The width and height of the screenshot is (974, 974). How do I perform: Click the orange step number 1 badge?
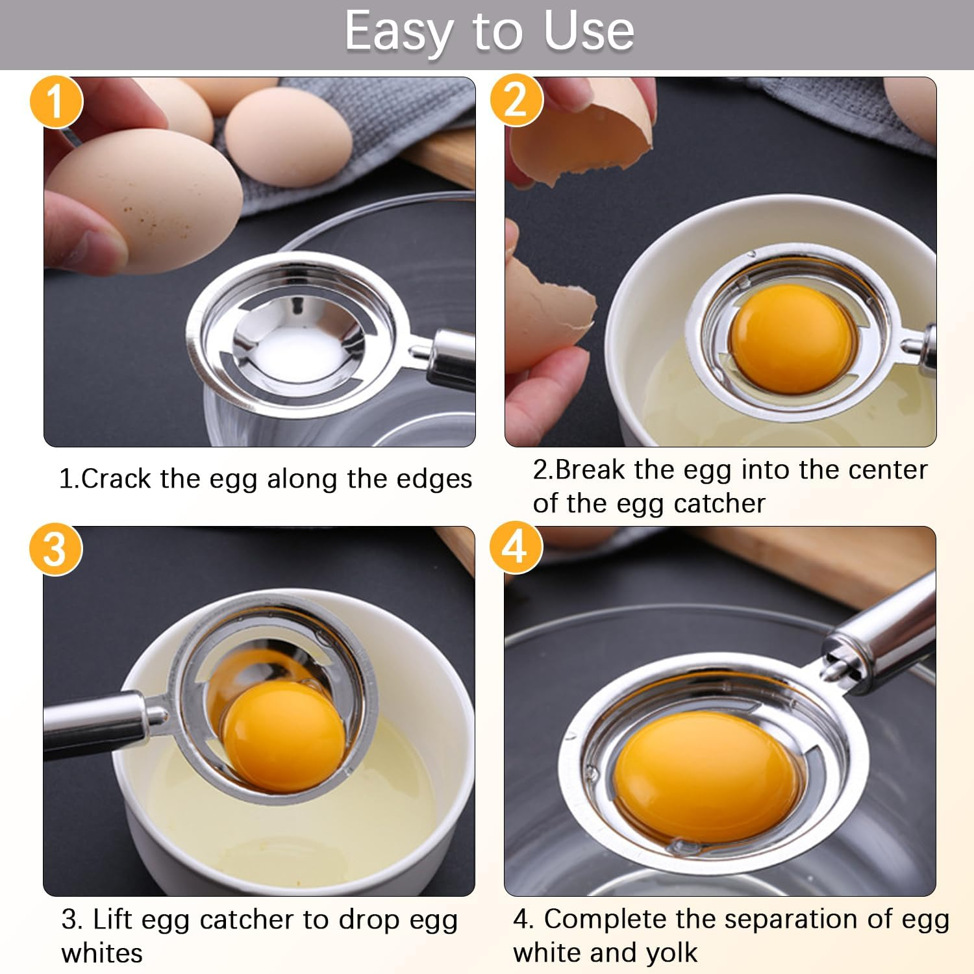56,102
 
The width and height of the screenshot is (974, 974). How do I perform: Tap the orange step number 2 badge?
516,100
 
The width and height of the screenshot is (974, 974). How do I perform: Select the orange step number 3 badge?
55,549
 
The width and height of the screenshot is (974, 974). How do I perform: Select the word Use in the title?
588,31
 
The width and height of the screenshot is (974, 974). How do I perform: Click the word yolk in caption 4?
671,953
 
